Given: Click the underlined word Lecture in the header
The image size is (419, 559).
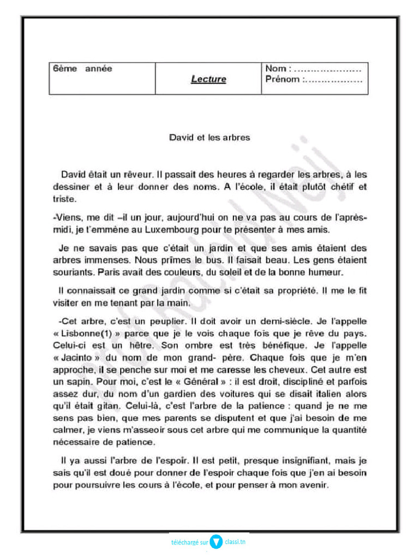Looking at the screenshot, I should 208,79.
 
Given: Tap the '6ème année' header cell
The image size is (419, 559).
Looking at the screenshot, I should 82,69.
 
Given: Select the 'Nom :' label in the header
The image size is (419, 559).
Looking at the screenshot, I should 278,69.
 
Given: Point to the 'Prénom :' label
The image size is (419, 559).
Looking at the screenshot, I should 283,79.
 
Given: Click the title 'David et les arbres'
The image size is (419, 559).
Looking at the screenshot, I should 209,138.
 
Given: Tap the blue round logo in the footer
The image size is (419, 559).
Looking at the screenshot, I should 216,542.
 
